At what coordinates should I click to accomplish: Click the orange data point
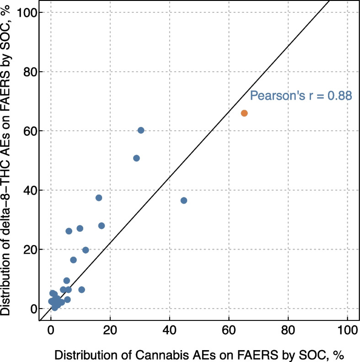coord(244,113)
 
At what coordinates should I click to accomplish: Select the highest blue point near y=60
coord(141,130)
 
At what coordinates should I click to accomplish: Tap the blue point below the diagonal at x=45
coord(184,200)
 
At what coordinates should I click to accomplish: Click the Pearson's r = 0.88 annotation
coord(301,96)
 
